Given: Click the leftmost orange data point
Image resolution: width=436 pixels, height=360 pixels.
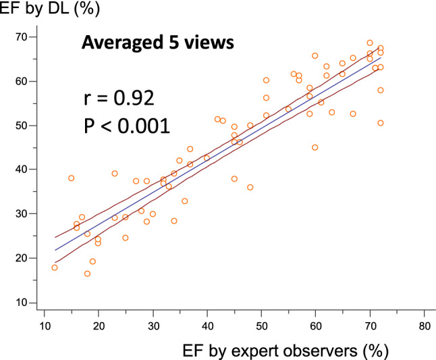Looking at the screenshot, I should pyautogui.click(x=55, y=267).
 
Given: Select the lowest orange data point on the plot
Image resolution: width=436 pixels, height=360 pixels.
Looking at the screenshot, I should pyautogui.click(x=87, y=274).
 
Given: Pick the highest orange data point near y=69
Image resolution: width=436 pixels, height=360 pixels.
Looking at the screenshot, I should pyautogui.click(x=370, y=43).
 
